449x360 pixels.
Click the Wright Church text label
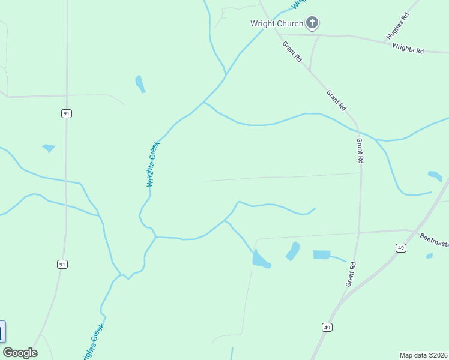tap(276, 24)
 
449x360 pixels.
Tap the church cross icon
tap(312, 23)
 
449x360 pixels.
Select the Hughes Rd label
tap(397, 25)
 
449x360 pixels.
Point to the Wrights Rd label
tap(408, 49)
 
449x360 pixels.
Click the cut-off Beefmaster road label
tap(434, 241)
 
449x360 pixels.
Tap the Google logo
tap(20, 353)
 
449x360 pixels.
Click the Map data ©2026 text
tap(424, 355)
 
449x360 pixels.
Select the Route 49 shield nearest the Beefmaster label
tap(401, 248)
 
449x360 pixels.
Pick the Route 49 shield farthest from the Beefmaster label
tap(327, 327)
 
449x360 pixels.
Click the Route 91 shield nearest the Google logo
tap(62, 264)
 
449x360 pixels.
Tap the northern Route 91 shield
tap(66, 113)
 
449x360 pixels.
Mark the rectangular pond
tap(322, 255)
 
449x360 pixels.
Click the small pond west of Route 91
tap(49, 148)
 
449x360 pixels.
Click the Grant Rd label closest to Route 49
tap(351, 273)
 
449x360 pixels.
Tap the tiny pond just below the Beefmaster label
tap(429, 256)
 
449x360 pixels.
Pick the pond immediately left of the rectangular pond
tap(293, 251)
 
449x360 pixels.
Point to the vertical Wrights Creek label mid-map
tap(153, 164)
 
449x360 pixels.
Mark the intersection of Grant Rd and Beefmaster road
tap(359, 233)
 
